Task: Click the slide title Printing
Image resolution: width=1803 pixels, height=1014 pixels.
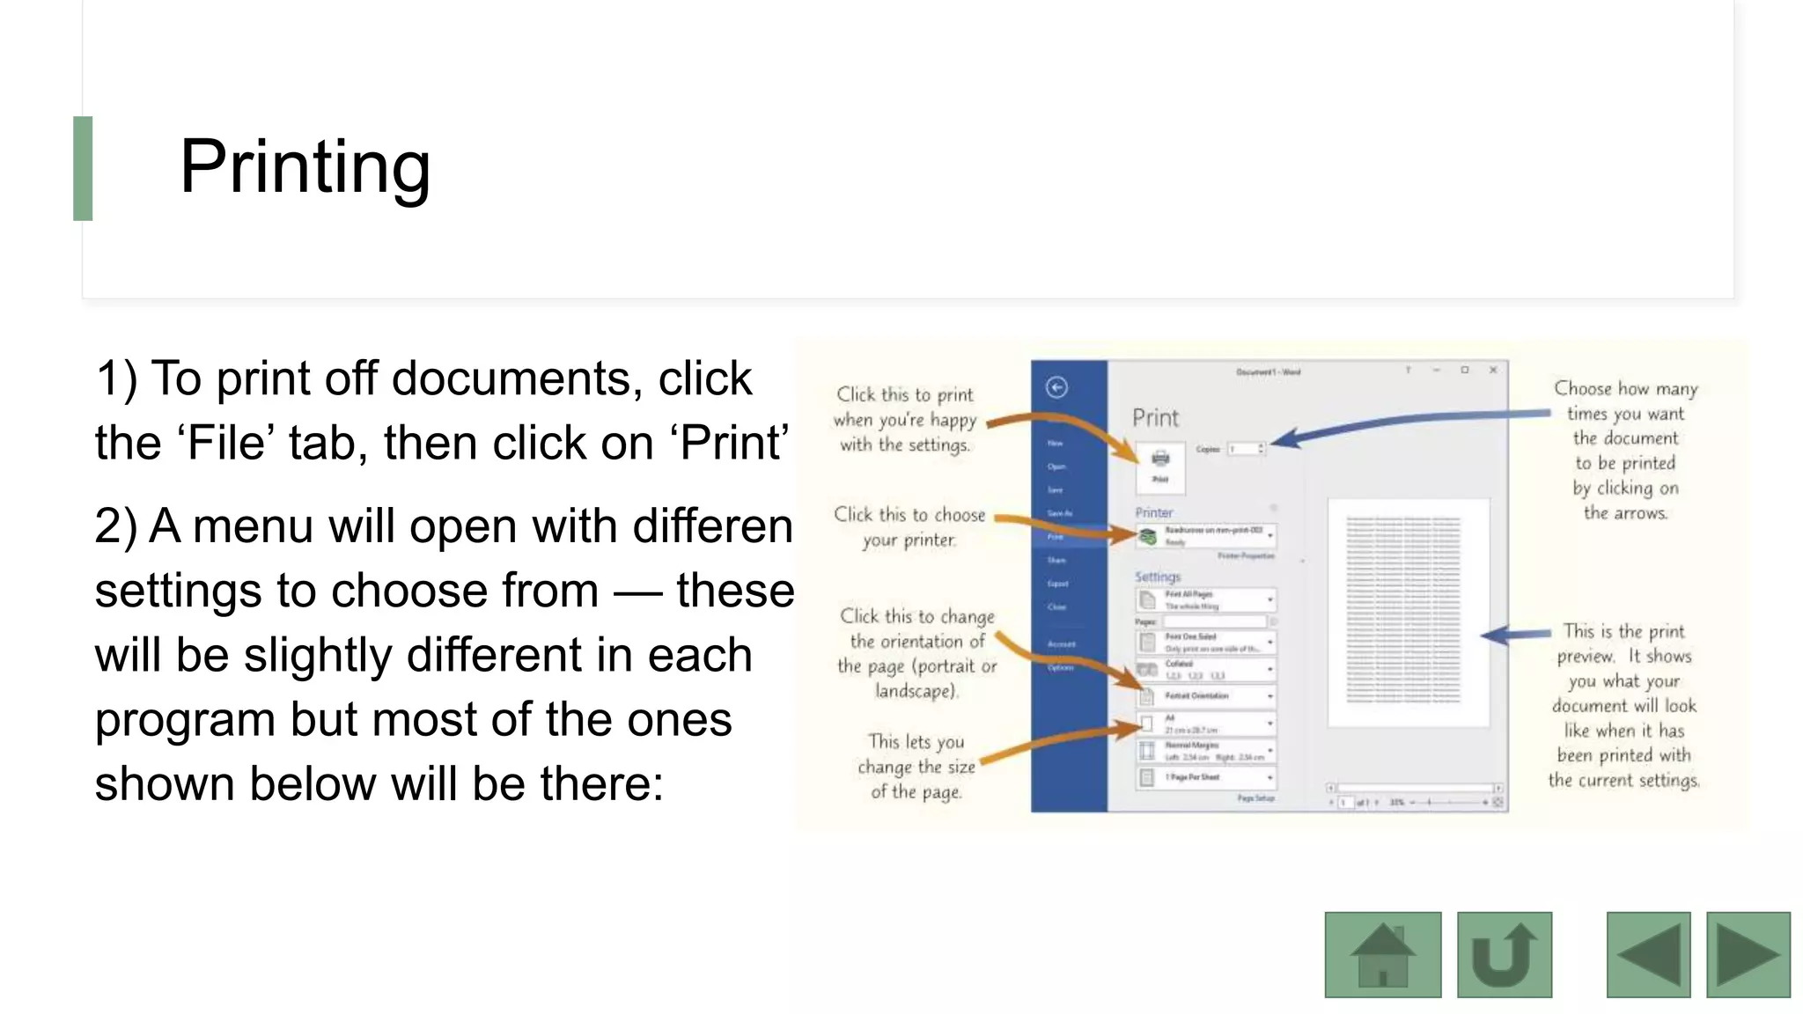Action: [x=305, y=167]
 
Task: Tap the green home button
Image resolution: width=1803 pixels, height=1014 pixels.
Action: [x=1382, y=955]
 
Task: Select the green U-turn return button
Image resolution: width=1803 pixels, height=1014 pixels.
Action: [x=1504, y=955]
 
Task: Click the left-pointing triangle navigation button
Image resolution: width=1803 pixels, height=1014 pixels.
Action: [x=1648, y=955]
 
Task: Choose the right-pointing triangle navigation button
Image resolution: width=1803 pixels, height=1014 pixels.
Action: [x=1748, y=955]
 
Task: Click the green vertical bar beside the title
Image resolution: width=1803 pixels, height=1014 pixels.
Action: [x=83, y=168]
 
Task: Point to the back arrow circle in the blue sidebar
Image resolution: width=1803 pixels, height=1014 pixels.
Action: [x=1056, y=387]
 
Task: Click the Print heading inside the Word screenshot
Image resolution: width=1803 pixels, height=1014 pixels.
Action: [x=1155, y=418]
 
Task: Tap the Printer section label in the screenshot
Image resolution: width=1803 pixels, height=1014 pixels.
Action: [x=1153, y=512]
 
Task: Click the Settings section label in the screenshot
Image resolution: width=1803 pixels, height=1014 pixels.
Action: [x=1157, y=577]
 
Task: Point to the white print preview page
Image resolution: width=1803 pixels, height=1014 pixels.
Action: [x=1408, y=613]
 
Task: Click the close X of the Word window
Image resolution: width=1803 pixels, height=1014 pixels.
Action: [x=1493, y=371]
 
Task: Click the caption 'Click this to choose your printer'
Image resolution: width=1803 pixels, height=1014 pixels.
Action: [x=909, y=526]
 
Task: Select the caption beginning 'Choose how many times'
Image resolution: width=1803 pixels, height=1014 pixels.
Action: [x=1625, y=450]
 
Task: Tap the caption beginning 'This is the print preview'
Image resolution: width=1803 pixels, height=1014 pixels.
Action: [x=1624, y=705]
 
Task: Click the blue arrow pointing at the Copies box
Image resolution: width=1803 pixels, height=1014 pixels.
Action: [x=1409, y=422]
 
